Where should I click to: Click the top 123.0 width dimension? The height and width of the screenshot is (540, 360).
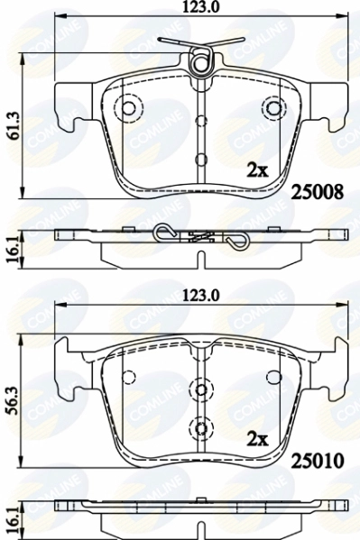click(x=200, y=7)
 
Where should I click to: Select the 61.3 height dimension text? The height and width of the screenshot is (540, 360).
click(x=13, y=125)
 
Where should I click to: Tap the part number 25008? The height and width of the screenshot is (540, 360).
click(x=318, y=191)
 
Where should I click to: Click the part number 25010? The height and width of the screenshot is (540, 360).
click(x=318, y=461)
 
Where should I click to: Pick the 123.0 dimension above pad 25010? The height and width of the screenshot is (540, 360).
click(x=200, y=296)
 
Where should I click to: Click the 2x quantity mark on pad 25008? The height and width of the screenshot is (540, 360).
click(x=258, y=170)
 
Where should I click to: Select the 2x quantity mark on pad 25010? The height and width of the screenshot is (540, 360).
click(x=258, y=439)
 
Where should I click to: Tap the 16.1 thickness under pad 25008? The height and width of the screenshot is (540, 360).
click(x=13, y=251)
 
